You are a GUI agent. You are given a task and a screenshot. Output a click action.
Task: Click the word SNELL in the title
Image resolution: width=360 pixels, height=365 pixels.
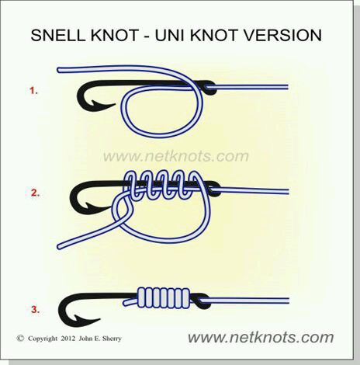coord(58,35)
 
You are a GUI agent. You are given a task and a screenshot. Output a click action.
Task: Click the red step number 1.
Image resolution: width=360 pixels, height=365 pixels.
coord(33,91)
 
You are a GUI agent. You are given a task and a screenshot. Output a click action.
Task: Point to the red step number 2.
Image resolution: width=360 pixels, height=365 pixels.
coord(35,193)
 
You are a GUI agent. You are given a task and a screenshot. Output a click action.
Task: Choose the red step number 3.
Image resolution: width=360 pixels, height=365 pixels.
coord(35,310)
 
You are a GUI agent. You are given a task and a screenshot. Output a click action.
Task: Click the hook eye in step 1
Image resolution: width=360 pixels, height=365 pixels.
coord(208,88)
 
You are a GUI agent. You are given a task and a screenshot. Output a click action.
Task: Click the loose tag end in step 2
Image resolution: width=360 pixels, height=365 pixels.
coord(60,246)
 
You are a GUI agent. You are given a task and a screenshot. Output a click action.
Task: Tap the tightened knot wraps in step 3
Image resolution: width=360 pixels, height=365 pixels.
coord(164,298)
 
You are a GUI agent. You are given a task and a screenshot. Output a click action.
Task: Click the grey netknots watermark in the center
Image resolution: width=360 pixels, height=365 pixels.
coord(176,156)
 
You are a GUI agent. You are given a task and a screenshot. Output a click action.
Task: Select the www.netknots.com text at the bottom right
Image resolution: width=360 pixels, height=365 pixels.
coord(261,337)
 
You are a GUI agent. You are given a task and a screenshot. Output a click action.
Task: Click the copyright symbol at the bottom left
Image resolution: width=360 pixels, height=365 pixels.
coord(20,338)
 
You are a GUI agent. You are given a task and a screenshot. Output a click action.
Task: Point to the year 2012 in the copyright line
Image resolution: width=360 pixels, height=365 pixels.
coord(68,339)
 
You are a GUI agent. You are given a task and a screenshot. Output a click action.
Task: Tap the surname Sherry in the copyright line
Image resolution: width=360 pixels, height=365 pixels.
coord(112,339)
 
